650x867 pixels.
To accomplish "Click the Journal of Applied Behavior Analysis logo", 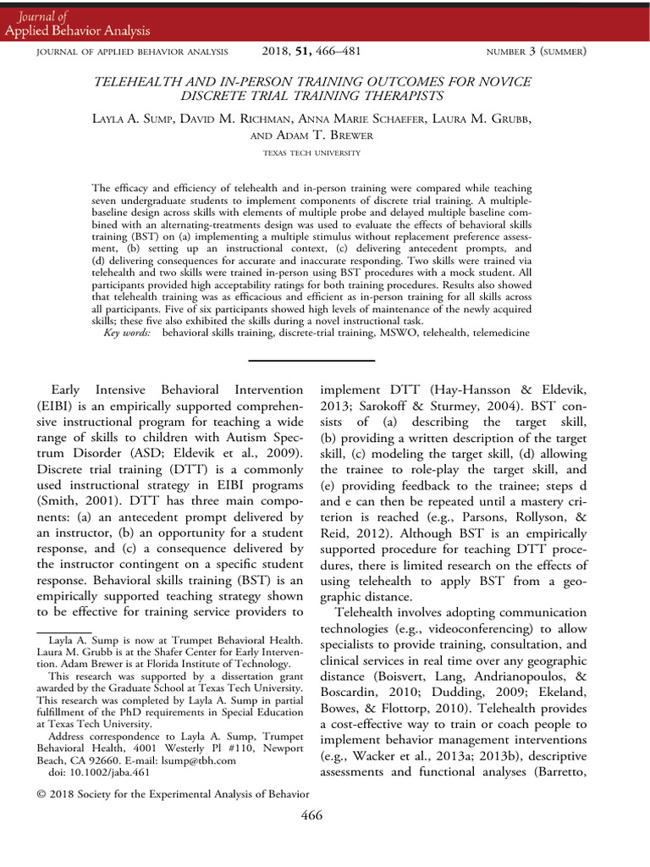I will pos(77,24).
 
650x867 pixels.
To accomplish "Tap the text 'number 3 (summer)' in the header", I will pos(536,52).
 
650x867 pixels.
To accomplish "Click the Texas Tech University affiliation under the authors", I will pos(312,153).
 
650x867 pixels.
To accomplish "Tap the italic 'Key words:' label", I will pos(128,334).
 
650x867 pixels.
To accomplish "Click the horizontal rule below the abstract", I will pos(312,362).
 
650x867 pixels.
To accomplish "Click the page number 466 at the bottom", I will pos(312,816).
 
